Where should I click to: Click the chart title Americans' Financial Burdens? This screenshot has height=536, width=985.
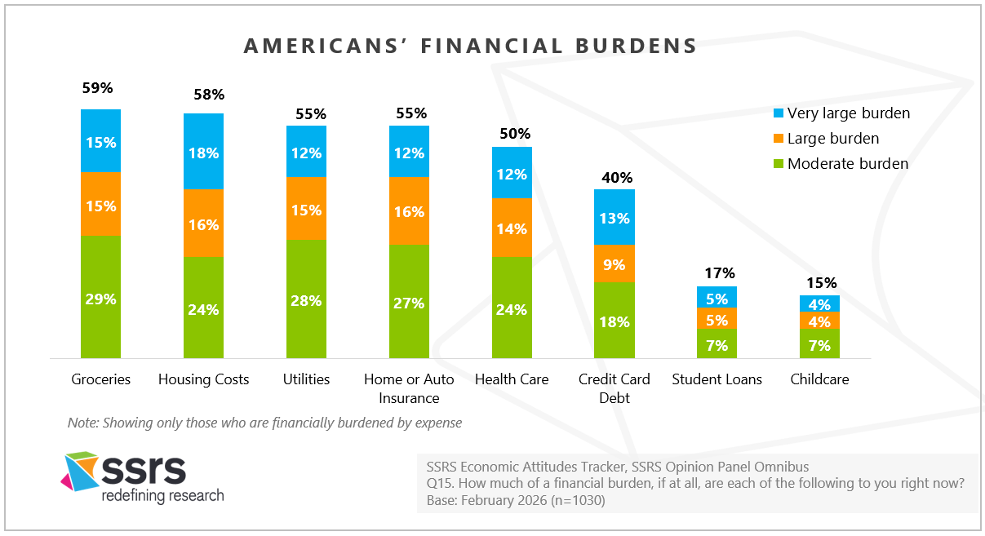point(471,46)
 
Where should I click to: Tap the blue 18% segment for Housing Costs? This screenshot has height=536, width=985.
point(203,151)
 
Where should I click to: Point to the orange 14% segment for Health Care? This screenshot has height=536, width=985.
point(512,228)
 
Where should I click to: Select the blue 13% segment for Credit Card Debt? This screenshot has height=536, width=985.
point(615,217)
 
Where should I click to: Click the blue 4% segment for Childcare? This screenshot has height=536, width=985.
point(820,303)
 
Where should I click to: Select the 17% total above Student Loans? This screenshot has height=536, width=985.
point(719,273)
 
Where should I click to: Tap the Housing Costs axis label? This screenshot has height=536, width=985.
point(203,379)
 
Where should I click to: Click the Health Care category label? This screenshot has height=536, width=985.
point(512,379)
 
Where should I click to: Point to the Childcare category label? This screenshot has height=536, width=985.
point(820,379)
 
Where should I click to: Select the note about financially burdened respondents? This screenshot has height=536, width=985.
point(264,423)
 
